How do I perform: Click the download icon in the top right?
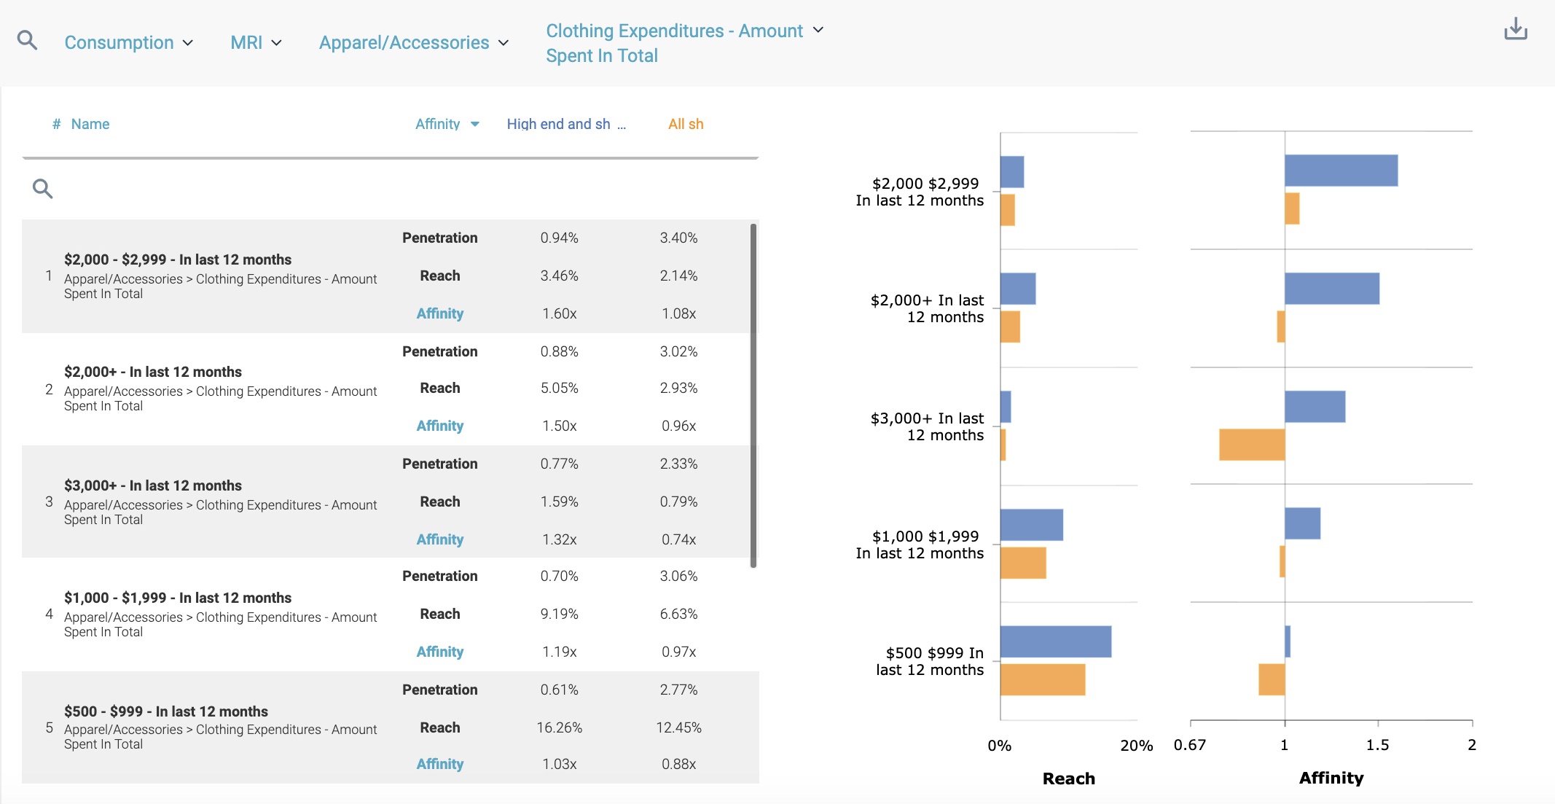point(1516,29)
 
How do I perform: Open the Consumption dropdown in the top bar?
point(128,42)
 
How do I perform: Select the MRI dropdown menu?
point(255,42)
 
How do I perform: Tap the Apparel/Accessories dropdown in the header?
point(413,42)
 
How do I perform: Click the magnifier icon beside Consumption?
point(27,39)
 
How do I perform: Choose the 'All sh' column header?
point(686,124)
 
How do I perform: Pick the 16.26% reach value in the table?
point(559,727)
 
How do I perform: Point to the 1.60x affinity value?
point(559,313)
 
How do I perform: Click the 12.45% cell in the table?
point(678,727)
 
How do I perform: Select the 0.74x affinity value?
point(678,539)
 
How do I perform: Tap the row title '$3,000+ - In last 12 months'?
point(153,485)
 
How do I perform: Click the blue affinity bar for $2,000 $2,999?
point(1341,171)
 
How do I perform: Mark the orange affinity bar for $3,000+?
point(1252,445)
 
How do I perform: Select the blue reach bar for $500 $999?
point(1055,641)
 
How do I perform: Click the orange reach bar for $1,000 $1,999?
point(1023,563)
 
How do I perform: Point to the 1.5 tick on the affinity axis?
point(1377,744)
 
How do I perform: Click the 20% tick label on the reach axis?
point(1136,745)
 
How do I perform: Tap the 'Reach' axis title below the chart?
point(1068,778)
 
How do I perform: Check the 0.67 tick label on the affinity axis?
point(1190,745)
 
